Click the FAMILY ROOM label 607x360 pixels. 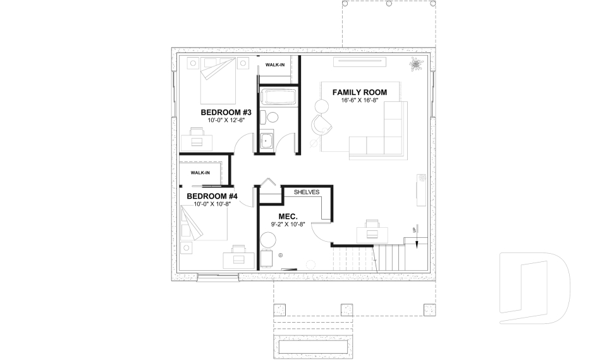[x=360, y=92]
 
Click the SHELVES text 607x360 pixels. [x=306, y=192]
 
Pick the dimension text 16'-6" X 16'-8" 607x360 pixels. [x=360, y=101]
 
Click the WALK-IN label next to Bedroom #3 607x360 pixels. [x=274, y=65]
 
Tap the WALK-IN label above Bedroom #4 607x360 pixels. [x=200, y=173]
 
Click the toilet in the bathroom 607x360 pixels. [x=271, y=117]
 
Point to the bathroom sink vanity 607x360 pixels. [x=266, y=142]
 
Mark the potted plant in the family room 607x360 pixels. [x=415, y=64]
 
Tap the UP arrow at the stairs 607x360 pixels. [x=414, y=231]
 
